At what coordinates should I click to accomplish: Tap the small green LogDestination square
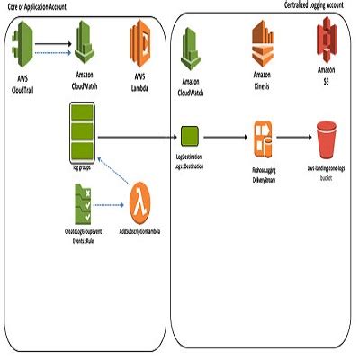pyautogui.click(x=190, y=138)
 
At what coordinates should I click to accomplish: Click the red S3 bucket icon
pyautogui.click(x=327, y=139)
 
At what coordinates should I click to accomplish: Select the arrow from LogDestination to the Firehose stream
pyautogui.click(x=227, y=138)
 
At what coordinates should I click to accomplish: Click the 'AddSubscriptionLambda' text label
pyautogui.click(x=140, y=231)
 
